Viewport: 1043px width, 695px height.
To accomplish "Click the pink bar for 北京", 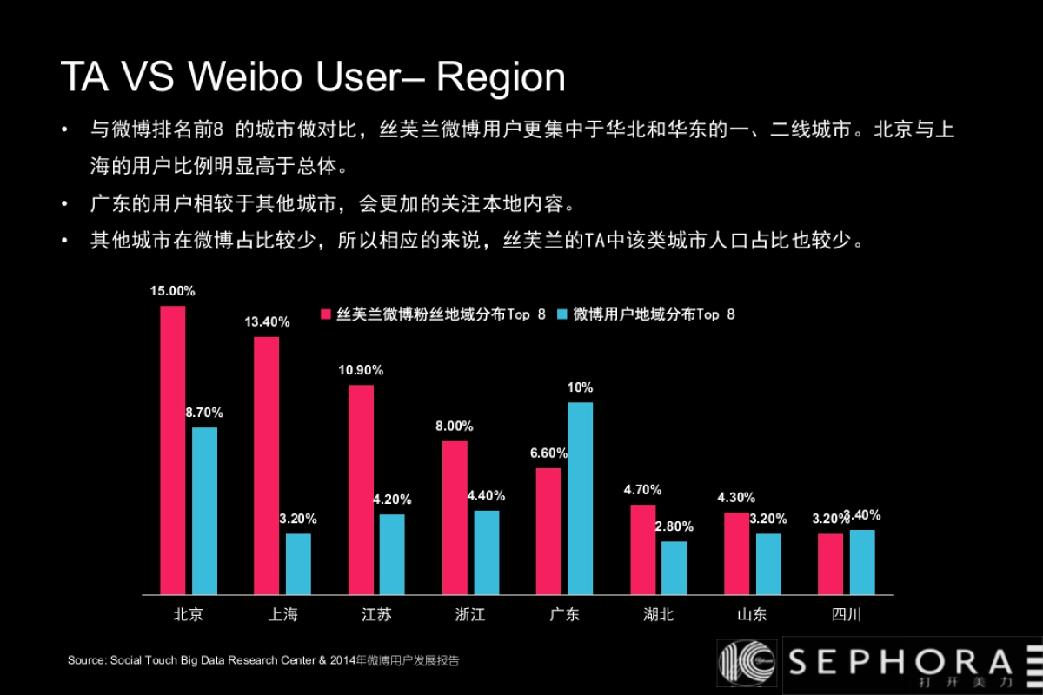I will (x=172, y=450).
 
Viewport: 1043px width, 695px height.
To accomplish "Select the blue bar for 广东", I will (x=580, y=498).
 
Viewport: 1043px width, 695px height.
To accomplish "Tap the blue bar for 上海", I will (x=298, y=564).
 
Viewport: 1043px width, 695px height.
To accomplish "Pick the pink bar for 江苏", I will (x=361, y=489).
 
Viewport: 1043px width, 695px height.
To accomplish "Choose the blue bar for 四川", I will (x=862, y=562).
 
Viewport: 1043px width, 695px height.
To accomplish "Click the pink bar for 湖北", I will (x=642, y=549).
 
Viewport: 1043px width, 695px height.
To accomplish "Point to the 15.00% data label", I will (x=172, y=291).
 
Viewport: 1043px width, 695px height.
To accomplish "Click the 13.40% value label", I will (x=267, y=321).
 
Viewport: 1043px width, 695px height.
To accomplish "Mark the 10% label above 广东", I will (x=580, y=387).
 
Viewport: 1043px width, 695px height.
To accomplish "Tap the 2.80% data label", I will (x=674, y=526).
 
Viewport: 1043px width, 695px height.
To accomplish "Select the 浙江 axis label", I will (x=470, y=615).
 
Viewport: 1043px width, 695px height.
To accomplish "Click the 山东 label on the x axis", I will (x=752, y=615).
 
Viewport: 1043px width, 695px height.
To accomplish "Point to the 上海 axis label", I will (x=282, y=615).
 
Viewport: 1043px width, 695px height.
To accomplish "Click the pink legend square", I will (x=327, y=314).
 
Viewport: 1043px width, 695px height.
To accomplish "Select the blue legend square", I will (x=562, y=314).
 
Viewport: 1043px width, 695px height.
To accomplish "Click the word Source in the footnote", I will (x=87, y=660).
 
